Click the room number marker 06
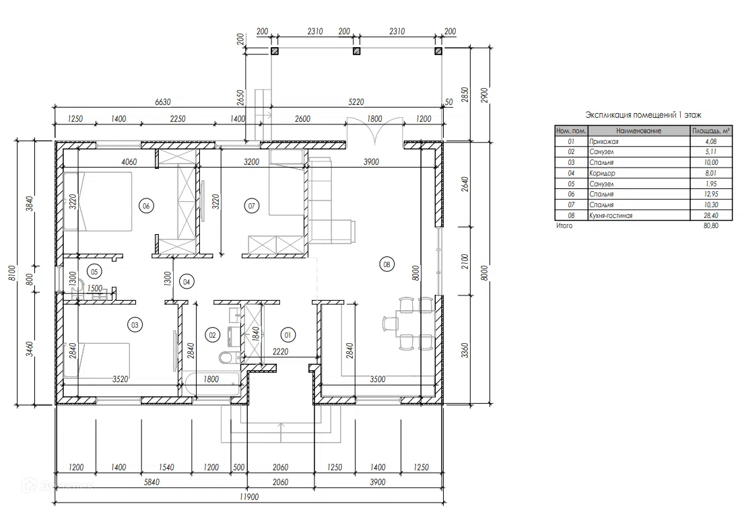click(x=146, y=206)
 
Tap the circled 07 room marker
click(x=251, y=206)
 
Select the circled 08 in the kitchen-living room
click(x=386, y=264)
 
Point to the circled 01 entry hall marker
click(x=288, y=335)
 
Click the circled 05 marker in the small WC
click(x=94, y=272)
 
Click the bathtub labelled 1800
click(x=211, y=384)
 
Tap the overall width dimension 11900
click(x=249, y=497)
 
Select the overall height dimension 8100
click(x=12, y=272)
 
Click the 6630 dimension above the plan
click(x=162, y=102)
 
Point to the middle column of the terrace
click(x=356, y=51)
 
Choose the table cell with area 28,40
click(x=711, y=215)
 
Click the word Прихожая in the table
click(x=604, y=141)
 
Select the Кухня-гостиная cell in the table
click(x=611, y=215)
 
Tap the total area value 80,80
click(x=711, y=226)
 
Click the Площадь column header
click(x=711, y=131)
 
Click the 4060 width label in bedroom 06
click(x=129, y=161)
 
